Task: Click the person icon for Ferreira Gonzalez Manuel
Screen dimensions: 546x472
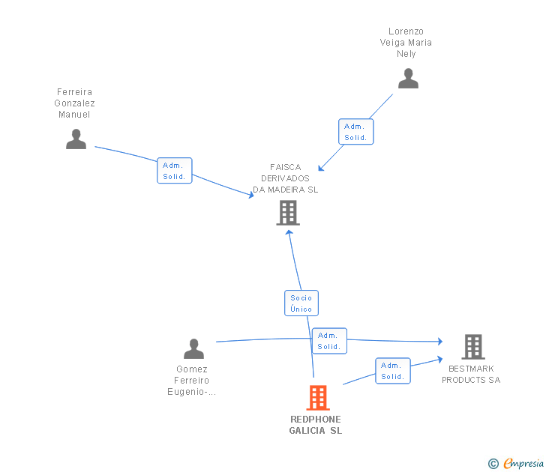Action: (x=76, y=139)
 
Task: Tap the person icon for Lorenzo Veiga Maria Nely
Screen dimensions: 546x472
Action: (x=408, y=79)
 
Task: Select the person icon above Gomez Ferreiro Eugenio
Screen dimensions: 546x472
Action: (x=193, y=349)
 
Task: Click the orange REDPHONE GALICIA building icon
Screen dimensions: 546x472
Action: (x=318, y=398)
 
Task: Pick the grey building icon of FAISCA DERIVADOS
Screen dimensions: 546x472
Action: (x=288, y=213)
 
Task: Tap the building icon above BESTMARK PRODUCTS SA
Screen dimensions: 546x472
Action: (x=472, y=347)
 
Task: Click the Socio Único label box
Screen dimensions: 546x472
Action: (x=301, y=303)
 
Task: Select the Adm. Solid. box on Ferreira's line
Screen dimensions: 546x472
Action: (x=175, y=171)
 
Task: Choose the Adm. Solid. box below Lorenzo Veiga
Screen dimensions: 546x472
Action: (x=355, y=132)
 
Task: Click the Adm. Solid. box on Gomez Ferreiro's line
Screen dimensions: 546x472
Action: (x=329, y=341)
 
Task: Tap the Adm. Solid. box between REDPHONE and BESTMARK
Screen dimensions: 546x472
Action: (x=392, y=371)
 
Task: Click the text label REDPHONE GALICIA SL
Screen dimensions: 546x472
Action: (x=316, y=425)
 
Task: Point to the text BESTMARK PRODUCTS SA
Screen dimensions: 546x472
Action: (x=471, y=374)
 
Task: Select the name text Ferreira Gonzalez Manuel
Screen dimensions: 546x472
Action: (x=75, y=103)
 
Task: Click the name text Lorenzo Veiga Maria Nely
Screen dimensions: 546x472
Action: (x=406, y=43)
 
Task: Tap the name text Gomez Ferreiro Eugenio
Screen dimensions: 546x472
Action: (x=192, y=380)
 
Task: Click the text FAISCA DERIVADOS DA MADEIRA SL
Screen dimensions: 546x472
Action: (x=286, y=178)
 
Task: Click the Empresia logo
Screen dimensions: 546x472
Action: (x=523, y=464)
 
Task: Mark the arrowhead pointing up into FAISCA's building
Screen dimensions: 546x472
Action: (x=289, y=232)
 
